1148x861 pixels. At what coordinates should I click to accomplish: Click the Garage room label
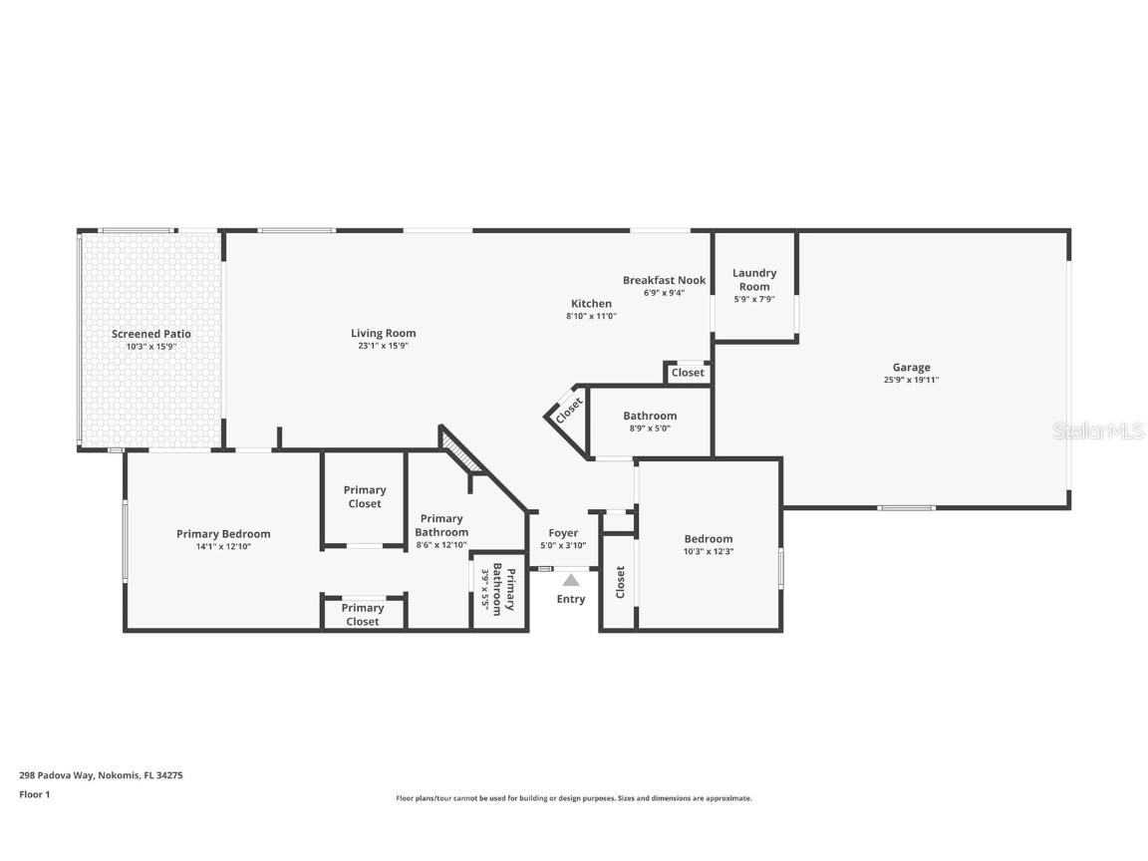911,367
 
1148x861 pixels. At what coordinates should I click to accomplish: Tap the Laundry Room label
754,279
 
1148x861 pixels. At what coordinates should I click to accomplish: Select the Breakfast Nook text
664,280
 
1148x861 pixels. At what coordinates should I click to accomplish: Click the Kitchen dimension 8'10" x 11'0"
591,316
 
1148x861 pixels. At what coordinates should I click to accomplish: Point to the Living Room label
383,333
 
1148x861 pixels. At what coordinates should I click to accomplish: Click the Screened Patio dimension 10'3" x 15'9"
150,346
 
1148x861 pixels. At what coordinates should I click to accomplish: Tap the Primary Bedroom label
223,533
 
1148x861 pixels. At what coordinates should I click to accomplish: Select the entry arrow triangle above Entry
571,579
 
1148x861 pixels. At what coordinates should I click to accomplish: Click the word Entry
571,599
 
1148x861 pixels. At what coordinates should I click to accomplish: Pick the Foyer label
563,532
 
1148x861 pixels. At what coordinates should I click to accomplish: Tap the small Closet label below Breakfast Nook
687,373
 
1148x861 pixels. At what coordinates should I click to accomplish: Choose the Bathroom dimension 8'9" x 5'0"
650,428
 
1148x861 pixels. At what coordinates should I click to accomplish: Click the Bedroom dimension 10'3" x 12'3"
708,551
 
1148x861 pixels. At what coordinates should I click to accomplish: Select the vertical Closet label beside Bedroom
620,582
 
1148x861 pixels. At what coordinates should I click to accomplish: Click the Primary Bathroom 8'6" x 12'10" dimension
440,545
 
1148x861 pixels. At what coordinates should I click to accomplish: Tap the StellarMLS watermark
1097,430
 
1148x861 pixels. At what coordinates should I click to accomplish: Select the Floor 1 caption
34,794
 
